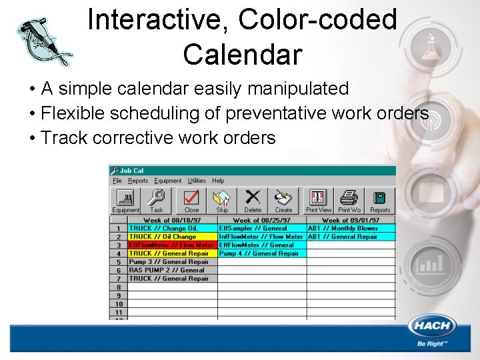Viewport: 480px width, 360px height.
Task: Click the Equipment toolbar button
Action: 125,201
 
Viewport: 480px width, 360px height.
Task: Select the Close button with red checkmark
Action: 191,201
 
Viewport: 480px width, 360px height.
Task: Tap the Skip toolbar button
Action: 222,201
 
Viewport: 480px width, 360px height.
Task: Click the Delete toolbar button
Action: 253,201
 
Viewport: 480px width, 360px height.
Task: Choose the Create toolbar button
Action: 283,201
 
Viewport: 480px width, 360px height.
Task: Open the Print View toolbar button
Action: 318,201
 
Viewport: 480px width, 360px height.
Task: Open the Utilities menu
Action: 197,181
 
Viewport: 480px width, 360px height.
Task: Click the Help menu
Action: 218,181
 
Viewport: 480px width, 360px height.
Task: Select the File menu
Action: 117,181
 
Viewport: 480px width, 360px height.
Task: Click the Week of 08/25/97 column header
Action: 261,220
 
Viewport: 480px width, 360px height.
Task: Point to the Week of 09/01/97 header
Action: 351,220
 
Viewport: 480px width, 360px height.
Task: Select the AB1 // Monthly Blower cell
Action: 351,228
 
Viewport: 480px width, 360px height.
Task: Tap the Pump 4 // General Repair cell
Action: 261,253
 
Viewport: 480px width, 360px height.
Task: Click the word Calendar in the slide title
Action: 243,55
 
